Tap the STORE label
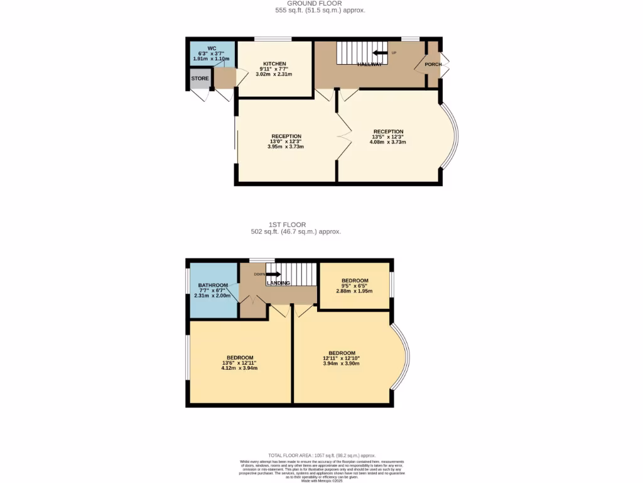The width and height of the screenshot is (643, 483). [200, 79]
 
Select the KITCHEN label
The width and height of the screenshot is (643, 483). [274, 64]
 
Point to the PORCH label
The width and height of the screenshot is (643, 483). [433, 64]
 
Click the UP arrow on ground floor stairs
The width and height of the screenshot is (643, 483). [381, 53]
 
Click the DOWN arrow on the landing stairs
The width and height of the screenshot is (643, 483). [273, 274]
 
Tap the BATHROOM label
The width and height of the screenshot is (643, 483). [213, 285]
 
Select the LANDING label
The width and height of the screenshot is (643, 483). [278, 283]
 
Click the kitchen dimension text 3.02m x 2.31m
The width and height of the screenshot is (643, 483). [274, 74]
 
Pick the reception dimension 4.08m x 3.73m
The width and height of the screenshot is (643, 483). [389, 142]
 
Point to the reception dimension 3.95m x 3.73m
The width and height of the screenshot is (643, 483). [286, 147]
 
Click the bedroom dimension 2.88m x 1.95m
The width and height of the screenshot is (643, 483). [355, 291]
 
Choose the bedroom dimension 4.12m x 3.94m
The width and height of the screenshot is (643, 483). [239, 368]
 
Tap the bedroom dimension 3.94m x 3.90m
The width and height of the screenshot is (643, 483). [342, 364]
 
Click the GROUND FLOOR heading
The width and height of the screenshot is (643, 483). [320, 3]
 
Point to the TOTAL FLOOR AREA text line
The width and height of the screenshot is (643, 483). [321, 455]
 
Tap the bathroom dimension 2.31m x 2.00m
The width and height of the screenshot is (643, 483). [213, 296]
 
